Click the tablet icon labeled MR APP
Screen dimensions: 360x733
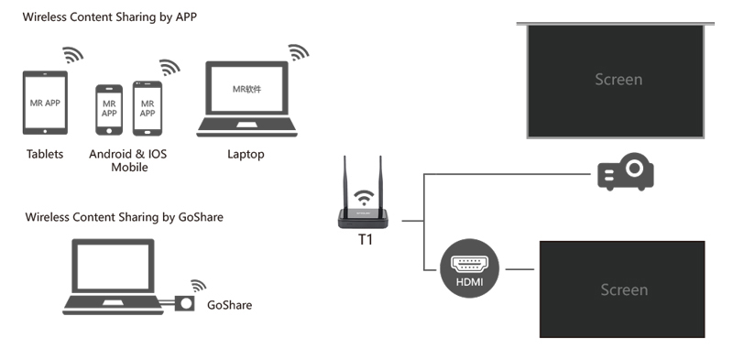[45, 104]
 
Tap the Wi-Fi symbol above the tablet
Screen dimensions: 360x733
[72, 55]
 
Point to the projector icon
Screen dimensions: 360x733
[626, 171]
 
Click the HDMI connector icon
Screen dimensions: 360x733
[469, 268]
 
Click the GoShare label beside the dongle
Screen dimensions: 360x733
[229, 305]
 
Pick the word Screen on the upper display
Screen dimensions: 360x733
[618, 80]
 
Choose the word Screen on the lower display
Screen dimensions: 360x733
[623, 289]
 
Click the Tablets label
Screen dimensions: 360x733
[45, 154]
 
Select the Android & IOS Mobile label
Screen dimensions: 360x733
[129, 160]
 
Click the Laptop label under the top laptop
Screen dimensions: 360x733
[246, 154]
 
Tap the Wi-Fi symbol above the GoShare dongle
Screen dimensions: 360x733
[198, 284]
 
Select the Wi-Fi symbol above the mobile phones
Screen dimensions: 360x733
[169, 68]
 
